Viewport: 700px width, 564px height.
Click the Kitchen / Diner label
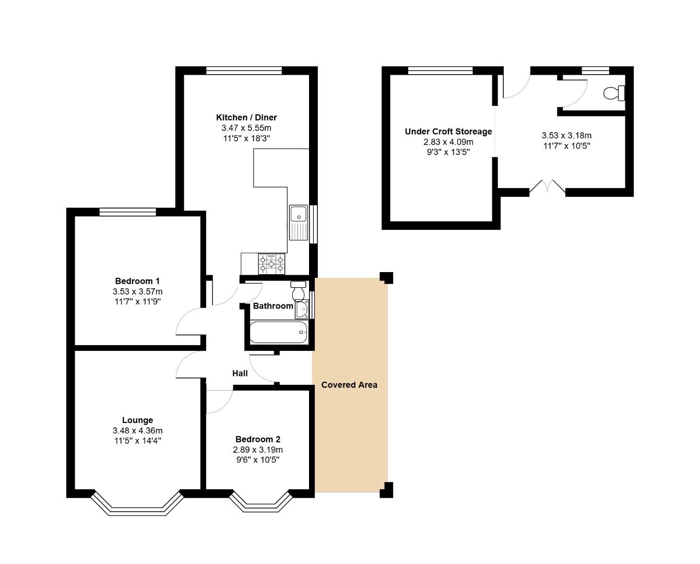pyautogui.click(x=246, y=118)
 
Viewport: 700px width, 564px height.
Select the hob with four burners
pyautogui.click(x=271, y=263)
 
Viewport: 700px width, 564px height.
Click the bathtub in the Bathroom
pyautogui.click(x=278, y=332)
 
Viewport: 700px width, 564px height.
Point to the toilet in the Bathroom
pyautogui.click(x=299, y=290)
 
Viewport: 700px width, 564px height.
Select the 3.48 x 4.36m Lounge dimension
pyautogui.click(x=137, y=431)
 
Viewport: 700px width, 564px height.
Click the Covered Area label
pyautogui.click(x=349, y=385)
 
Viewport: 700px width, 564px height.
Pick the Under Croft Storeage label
pyautogui.click(x=448, y=132)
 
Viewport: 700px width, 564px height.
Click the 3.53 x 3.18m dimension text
pyautogui.click(x=566, y=136)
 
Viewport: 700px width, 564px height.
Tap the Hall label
pyautogui.click(x=240, y=373)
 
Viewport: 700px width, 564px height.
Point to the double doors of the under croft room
pyautogui.click(x=547, y=188)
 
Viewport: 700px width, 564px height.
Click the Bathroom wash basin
pyautogui.click(x=302, y=310)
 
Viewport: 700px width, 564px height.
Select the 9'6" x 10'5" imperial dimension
pyautogui.click(x=257, y=460)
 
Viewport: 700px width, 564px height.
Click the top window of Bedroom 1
pyautogui.click(x=128, y=211)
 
